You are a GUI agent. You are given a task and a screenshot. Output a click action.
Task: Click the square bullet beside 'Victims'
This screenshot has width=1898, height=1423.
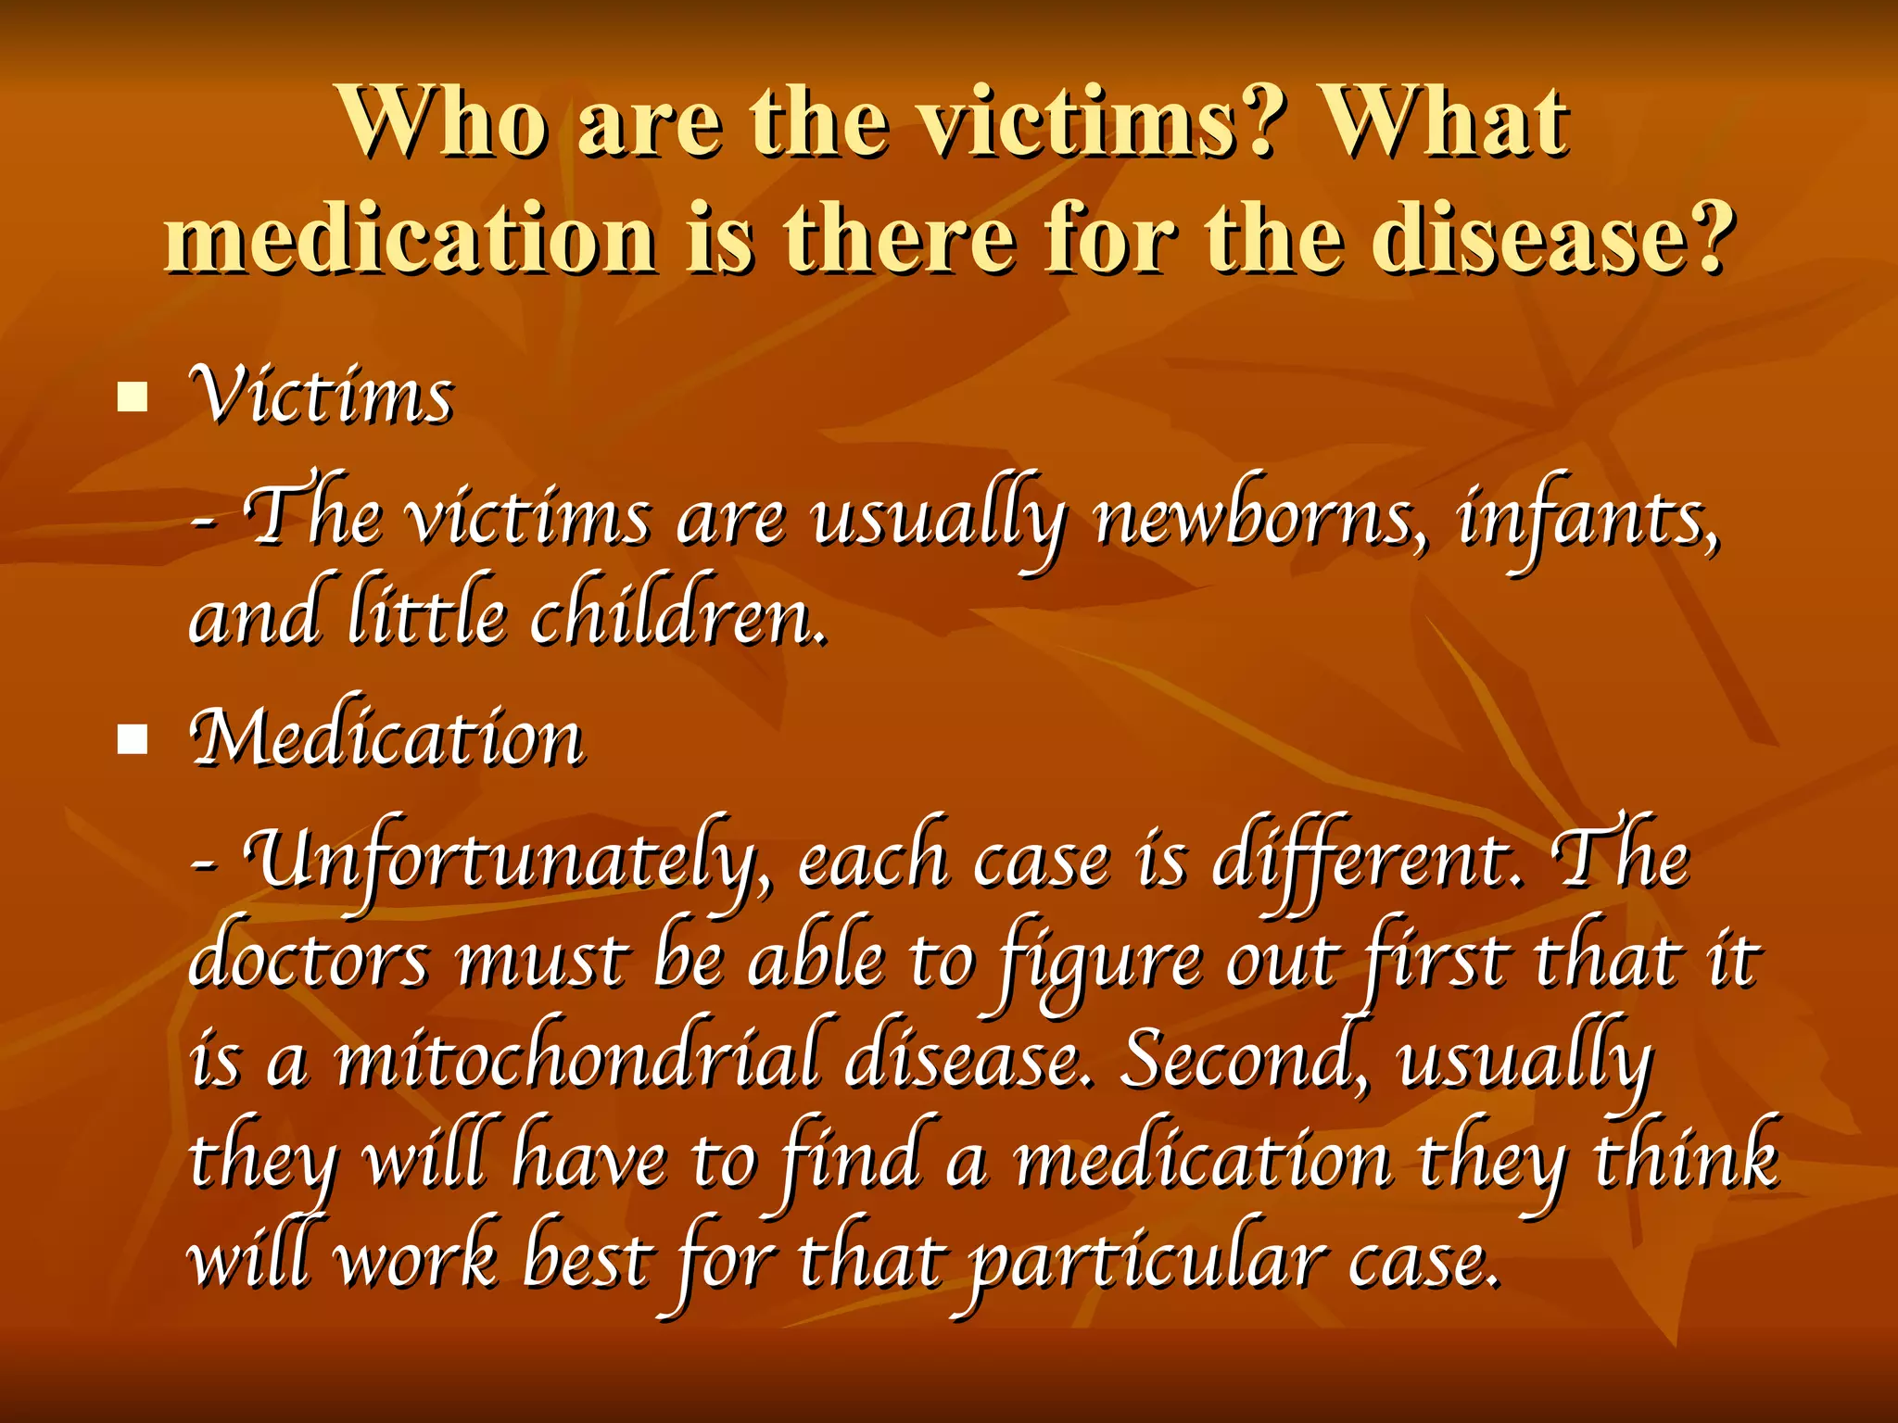pos(133,397)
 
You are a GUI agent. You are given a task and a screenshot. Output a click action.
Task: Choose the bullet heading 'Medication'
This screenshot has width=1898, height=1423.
pos(386,738)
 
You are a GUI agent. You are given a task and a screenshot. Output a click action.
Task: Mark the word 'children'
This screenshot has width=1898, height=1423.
pos(677,617)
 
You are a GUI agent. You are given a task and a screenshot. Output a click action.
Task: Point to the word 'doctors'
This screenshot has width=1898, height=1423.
pos(309,962)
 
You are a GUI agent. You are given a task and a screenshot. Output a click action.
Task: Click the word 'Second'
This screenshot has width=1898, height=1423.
pos(1242,1062)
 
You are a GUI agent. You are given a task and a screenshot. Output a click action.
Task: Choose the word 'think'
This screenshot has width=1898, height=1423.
pos(1687,1160)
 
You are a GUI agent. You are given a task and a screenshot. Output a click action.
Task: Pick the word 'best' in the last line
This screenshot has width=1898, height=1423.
pos(585,1260)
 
